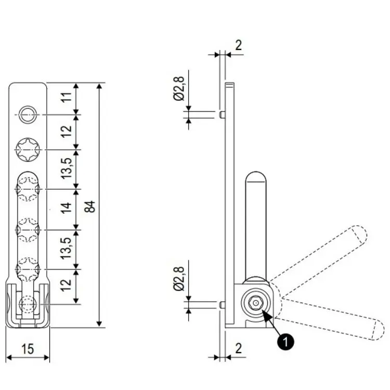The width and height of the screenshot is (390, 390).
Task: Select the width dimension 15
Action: pos(28,349)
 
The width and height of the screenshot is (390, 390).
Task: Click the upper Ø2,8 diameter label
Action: pos(179,89)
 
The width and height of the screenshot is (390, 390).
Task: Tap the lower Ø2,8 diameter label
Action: pos(179,278)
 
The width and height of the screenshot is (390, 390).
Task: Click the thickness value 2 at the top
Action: pos(238,45)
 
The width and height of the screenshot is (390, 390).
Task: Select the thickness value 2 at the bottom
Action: pos(238,347)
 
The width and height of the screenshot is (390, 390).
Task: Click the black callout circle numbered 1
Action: pos(284,341)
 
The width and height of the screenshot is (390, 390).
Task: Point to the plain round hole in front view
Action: pos(28,114)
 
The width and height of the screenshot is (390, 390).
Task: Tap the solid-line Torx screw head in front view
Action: pos(28,150)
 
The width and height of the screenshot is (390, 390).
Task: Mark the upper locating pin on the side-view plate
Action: pos(222,114)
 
